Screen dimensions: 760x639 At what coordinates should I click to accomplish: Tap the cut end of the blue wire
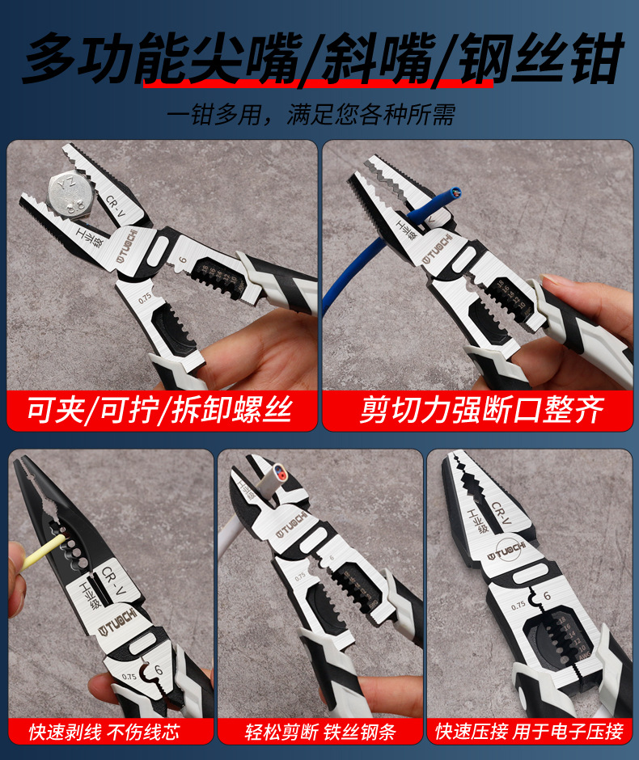click(x=455, y=193)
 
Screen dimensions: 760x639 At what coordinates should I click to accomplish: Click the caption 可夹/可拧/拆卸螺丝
click(x=160, y=411)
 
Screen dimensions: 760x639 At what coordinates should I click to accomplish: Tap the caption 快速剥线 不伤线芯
click(x=104, y=733)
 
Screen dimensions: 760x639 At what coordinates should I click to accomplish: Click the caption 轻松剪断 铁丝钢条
click(x=320, y=733)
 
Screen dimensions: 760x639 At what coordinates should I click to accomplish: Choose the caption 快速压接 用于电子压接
click(x=529, y=733)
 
